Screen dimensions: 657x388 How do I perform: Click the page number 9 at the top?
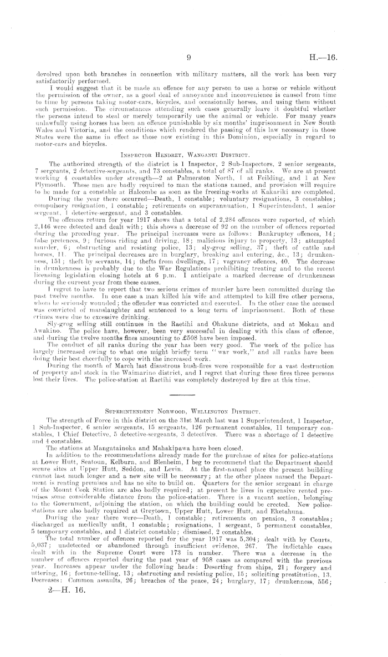pos(189,56)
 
